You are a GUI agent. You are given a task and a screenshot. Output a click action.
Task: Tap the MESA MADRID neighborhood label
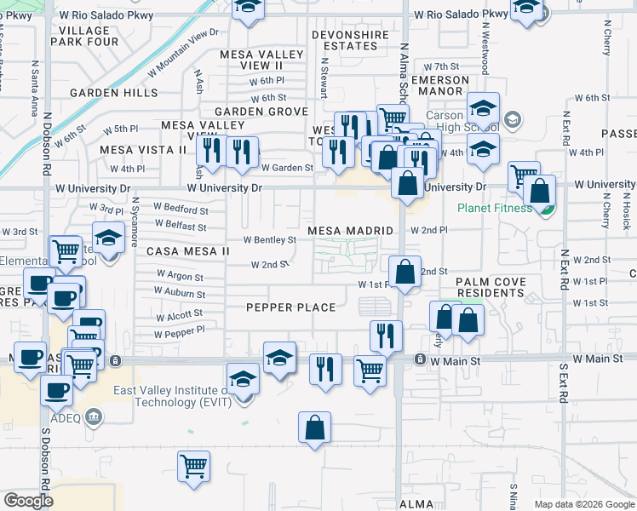(351, 231)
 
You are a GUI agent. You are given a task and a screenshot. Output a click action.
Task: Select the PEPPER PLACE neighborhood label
(290, 307)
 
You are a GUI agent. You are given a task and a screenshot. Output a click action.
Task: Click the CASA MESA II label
(188, 251)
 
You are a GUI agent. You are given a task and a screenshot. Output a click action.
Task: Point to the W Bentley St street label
(270, 240)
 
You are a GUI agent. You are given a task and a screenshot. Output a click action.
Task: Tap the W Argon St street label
(180, 277)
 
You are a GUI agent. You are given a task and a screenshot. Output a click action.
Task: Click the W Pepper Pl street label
(180, 333)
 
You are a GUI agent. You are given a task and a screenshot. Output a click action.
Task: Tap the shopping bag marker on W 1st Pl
(406, 271)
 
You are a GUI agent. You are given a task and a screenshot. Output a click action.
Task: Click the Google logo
(28, 501)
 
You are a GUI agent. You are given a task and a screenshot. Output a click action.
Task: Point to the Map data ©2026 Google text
(584, 504)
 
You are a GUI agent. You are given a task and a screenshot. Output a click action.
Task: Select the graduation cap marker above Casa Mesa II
(108, 238)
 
